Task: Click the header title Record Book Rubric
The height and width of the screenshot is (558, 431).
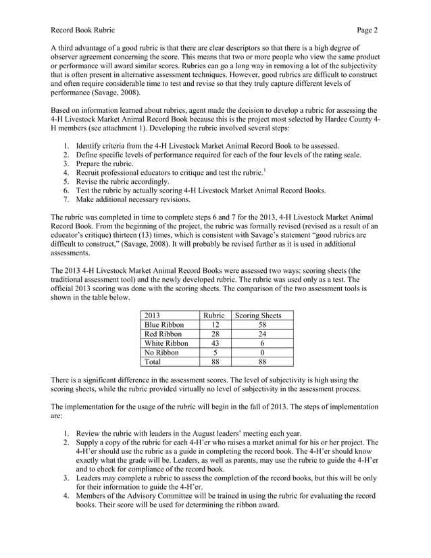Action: (x=83, y=30)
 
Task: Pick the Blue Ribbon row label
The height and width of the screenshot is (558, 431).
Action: (x=165, y=325)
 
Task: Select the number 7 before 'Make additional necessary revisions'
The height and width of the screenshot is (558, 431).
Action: (x=66, y=201)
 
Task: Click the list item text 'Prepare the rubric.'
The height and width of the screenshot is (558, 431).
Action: (x=105, y=164)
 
